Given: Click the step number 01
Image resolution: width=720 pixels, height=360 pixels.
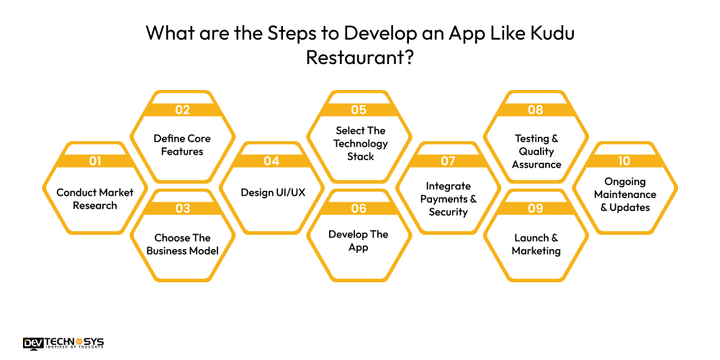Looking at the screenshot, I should coord(95,161).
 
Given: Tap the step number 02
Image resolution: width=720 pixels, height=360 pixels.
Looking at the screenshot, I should coord(182,110).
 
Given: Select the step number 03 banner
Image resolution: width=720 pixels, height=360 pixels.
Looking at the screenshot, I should coord(182,209).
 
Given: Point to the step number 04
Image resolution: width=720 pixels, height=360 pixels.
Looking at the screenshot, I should coord(271,161).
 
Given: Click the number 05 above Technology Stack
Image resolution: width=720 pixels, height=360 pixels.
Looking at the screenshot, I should coord(359,110).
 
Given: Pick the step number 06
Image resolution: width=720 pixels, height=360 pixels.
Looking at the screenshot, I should coord(359,209).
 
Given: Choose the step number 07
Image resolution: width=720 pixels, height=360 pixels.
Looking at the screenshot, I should coord(448,161).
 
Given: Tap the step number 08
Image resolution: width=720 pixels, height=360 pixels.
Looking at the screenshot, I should coord(536,110).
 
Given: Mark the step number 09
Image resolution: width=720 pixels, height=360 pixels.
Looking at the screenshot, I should coord(536,209).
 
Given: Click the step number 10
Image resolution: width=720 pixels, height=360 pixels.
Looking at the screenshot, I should coord(624,161).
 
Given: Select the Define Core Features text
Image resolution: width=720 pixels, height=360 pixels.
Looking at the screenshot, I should coord(182,145).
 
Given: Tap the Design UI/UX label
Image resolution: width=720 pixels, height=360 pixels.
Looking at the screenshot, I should coord(271,193).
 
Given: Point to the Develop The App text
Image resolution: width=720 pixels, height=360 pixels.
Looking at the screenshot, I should coord(359,240).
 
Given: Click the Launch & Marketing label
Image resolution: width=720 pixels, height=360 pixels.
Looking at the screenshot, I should coord(536,244).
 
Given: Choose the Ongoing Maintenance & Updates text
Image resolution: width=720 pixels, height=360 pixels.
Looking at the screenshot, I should coord(624,194).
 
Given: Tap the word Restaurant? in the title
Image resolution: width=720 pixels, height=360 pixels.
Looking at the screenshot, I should coord(359,58).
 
